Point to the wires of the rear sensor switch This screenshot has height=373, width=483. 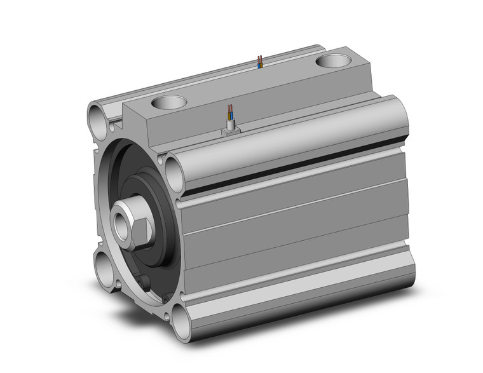tap(259, 62)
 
